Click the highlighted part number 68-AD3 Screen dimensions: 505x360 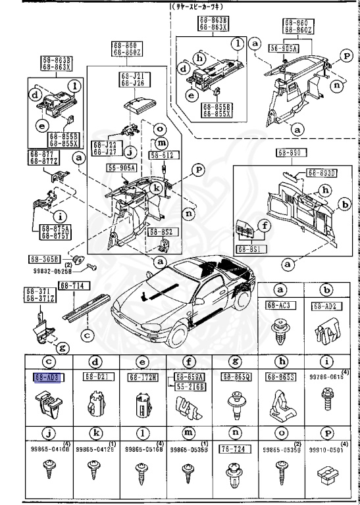click(45, 377)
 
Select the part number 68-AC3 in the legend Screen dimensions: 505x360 click(280, 305)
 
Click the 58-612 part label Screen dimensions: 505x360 click(163, 155)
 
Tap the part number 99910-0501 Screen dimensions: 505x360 click(328, 451)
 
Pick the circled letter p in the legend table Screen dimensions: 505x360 click(327, 435)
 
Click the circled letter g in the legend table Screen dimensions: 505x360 click(235, 361)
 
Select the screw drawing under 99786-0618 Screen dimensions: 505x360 click(327, 400)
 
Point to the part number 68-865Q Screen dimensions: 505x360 click(234, 377)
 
